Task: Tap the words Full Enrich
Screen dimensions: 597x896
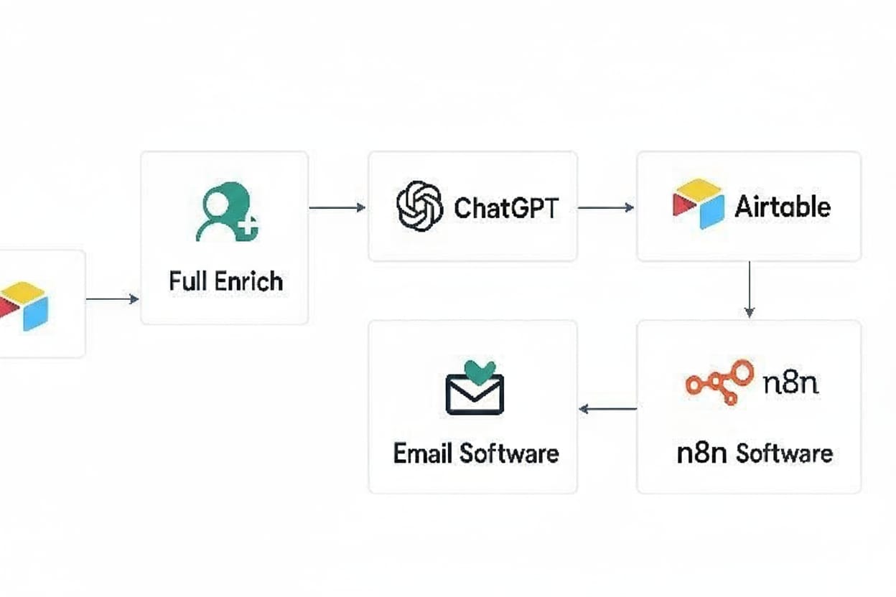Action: (225, 281)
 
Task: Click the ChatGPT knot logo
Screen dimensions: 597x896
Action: (420, 207)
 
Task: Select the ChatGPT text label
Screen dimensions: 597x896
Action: (505, 208)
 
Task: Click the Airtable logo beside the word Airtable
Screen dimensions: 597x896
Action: (698, 204)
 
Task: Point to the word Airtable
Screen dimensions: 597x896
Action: (783, 207)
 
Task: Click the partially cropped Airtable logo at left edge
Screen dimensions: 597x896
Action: (24, 306)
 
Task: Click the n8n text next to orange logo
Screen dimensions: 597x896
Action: (790, 382)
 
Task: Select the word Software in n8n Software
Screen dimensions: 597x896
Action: (784, 453)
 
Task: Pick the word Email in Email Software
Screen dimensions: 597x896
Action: (422, 453)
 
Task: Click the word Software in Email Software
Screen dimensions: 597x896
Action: (508, 453)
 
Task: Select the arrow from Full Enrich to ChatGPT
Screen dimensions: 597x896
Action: (337, 208)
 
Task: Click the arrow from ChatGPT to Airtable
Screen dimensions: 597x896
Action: (606, 208)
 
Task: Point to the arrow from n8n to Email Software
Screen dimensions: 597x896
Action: (607, 409)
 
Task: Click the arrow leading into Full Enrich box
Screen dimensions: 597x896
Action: (113, 298)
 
